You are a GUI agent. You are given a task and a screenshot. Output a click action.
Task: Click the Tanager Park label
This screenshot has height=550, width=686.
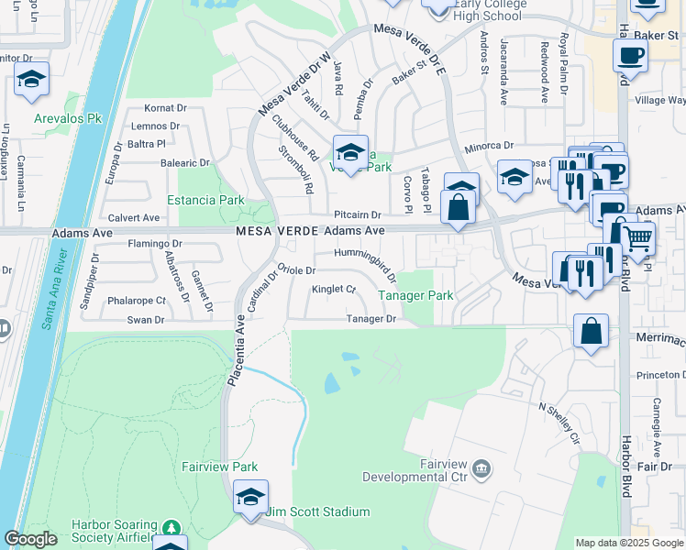(x=415, y=296)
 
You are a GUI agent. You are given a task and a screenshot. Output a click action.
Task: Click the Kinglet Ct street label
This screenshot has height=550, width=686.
(x=334, y=290)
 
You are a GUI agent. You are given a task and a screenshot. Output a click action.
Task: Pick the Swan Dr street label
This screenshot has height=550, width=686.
(x=146, y=320)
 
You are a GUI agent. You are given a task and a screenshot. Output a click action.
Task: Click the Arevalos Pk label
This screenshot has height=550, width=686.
(x=68, y=119)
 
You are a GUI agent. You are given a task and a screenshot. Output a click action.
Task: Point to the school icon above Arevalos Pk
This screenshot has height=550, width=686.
(x=32, y=80)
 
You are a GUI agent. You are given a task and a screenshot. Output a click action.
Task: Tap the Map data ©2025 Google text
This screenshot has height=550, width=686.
(x=628, y=543)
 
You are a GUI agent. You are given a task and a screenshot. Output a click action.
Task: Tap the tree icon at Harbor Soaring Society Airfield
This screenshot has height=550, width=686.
(x=171, y=528)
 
